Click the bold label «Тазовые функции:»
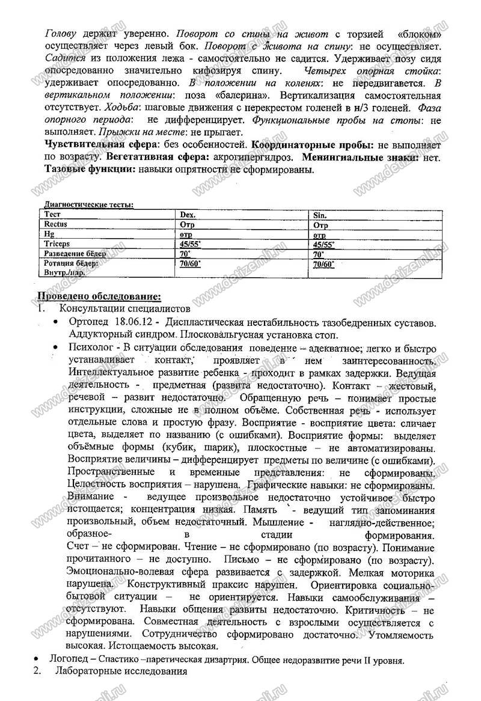[x=90, y=170]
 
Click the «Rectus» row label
[x=56, y=224]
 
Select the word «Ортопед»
[x=90, y=323]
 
